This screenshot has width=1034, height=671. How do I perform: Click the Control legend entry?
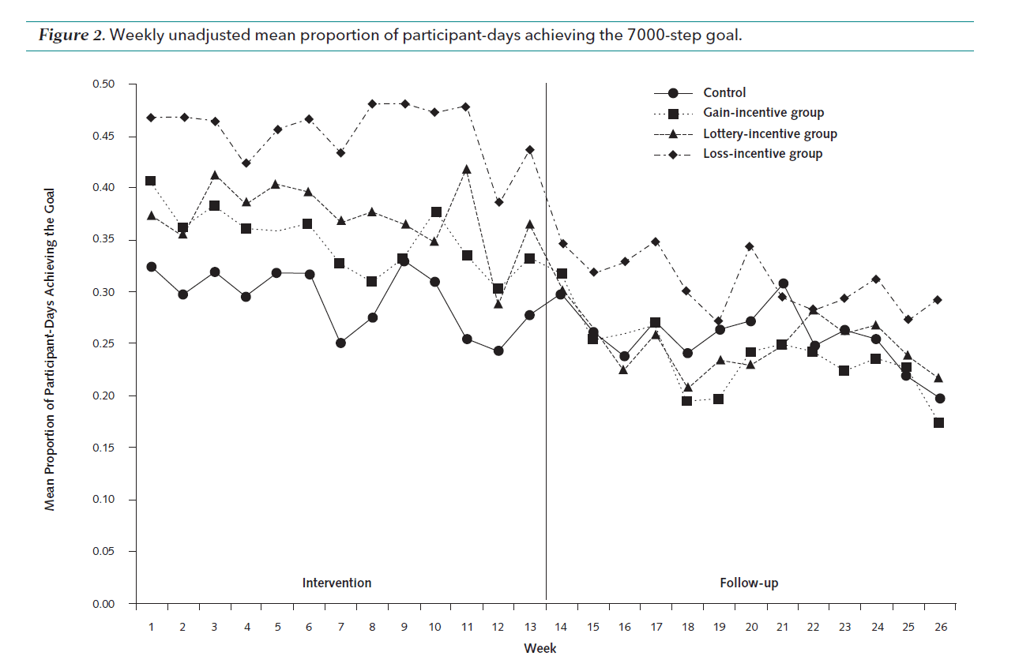(724, 93)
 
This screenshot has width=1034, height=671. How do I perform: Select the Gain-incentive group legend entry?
(763, 113)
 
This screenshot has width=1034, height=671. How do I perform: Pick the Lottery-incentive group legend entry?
(769, 133)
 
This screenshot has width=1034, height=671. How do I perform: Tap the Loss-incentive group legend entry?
(762, 154)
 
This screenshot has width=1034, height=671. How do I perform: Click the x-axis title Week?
(540, 649)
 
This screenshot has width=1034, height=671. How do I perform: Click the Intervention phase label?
(337, 583)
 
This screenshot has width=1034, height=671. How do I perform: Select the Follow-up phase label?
(749, 583)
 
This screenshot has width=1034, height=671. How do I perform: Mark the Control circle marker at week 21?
(783, 283)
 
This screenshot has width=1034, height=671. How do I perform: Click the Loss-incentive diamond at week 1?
(151, 118)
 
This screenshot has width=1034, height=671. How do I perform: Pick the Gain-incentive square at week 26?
(938, 423)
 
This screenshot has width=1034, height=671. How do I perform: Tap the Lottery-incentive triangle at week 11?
(466, 169)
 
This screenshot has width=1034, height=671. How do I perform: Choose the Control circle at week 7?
(340, 343)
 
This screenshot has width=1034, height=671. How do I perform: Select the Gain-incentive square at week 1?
(151, 181)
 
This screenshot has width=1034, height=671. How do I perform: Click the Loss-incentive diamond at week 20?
(750, 246)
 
